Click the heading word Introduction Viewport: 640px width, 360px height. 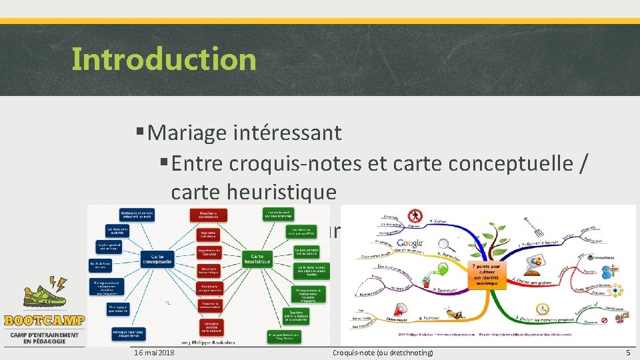coord(163,59)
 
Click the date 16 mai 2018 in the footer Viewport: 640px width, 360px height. coord(154,352)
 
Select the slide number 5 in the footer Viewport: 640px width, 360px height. coord(627,352)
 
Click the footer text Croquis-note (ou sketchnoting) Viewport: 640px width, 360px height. coord(383,352)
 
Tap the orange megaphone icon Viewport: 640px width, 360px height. coord(400,309)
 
